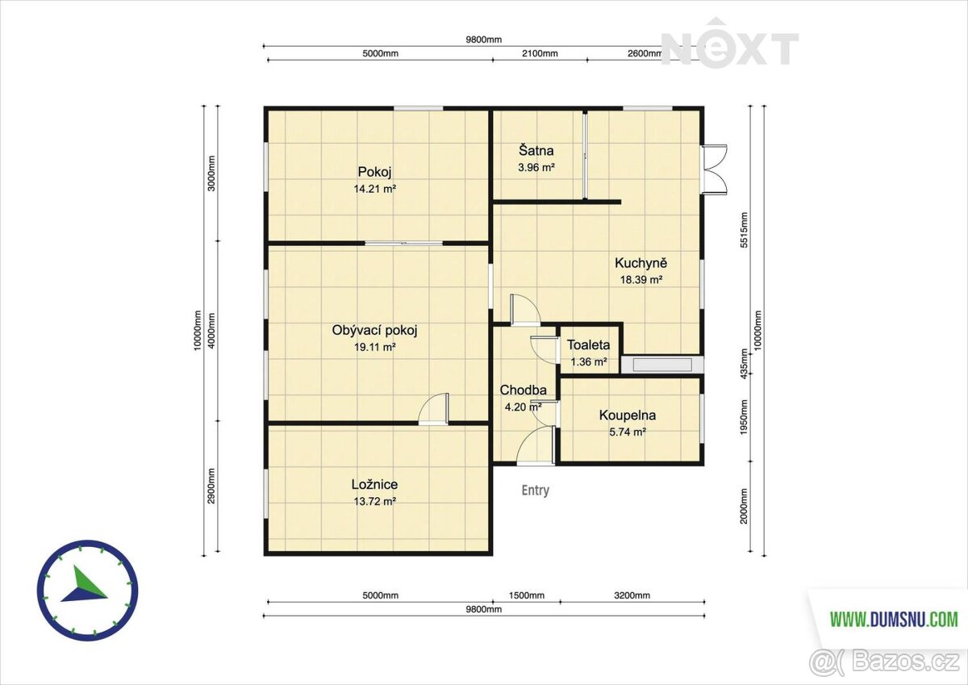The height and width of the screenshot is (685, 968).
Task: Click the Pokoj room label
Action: [x=374, y=172]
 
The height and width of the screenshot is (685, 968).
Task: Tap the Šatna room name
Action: [x=536, y=150]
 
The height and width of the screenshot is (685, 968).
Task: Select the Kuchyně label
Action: [x=640, y=263]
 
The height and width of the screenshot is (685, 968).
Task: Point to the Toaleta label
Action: [x=588, y=345]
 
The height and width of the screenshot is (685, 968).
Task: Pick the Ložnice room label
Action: [x=374, y=484]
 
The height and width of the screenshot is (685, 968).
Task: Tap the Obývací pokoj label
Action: [x=374, y=331]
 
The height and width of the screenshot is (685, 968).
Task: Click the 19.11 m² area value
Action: [x=374, y=347]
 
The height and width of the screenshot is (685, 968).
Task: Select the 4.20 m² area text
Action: [x=523, y=407]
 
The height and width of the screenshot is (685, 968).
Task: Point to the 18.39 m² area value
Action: [x=641, y=280]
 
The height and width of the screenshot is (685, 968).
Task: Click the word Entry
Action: [x=536, y=490]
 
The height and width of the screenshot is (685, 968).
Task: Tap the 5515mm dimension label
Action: [x=744, y=229]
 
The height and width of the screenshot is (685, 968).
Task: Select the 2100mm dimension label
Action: [x=540, y=53]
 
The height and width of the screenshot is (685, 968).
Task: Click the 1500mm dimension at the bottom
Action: [x=526, y=595]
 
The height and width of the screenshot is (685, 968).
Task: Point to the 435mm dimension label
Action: [x=744, y=364]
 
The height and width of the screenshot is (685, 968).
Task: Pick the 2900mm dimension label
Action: [x=211, y=486]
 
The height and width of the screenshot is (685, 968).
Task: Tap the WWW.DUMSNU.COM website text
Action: [x=894, y=620]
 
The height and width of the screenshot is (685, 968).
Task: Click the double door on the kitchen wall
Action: [x=715, y=167]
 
